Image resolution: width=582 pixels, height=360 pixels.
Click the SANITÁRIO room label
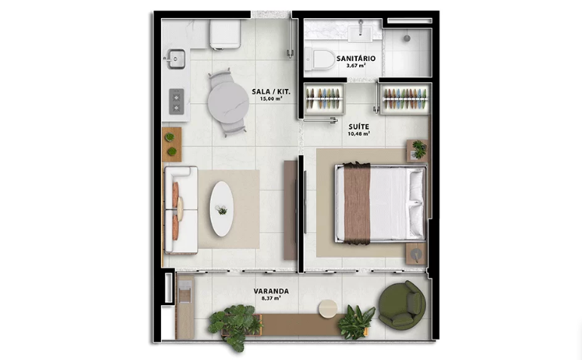(355, 58)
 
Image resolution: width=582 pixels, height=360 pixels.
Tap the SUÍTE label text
(358, 127)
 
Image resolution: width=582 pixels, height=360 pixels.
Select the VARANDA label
(271, 291)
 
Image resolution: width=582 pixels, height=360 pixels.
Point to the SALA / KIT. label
(271, 92)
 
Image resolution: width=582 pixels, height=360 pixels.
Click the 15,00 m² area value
(271, 99)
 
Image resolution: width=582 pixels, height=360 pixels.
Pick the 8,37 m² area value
(271, 298)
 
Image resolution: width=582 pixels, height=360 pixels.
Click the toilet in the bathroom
(320, 59)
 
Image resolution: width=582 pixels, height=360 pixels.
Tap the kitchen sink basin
(176, 59)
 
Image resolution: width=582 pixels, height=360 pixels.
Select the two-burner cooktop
(176, 102)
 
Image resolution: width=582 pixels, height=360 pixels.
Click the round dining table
(228, 102)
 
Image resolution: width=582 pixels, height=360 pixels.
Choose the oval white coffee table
(221, 209)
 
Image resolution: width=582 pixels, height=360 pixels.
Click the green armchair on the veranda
(402, 305)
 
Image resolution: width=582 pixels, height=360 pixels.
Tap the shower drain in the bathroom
(407, 38)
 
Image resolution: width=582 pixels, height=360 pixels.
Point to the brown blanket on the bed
(357, 203)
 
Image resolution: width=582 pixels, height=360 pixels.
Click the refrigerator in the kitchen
(225, 34)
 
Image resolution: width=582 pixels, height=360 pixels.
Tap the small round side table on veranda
(328, 309)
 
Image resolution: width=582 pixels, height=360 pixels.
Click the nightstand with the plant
(417, 151)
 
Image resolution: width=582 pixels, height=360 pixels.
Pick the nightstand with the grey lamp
(416, 254)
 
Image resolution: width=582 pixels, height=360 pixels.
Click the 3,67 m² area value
(355, 66)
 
